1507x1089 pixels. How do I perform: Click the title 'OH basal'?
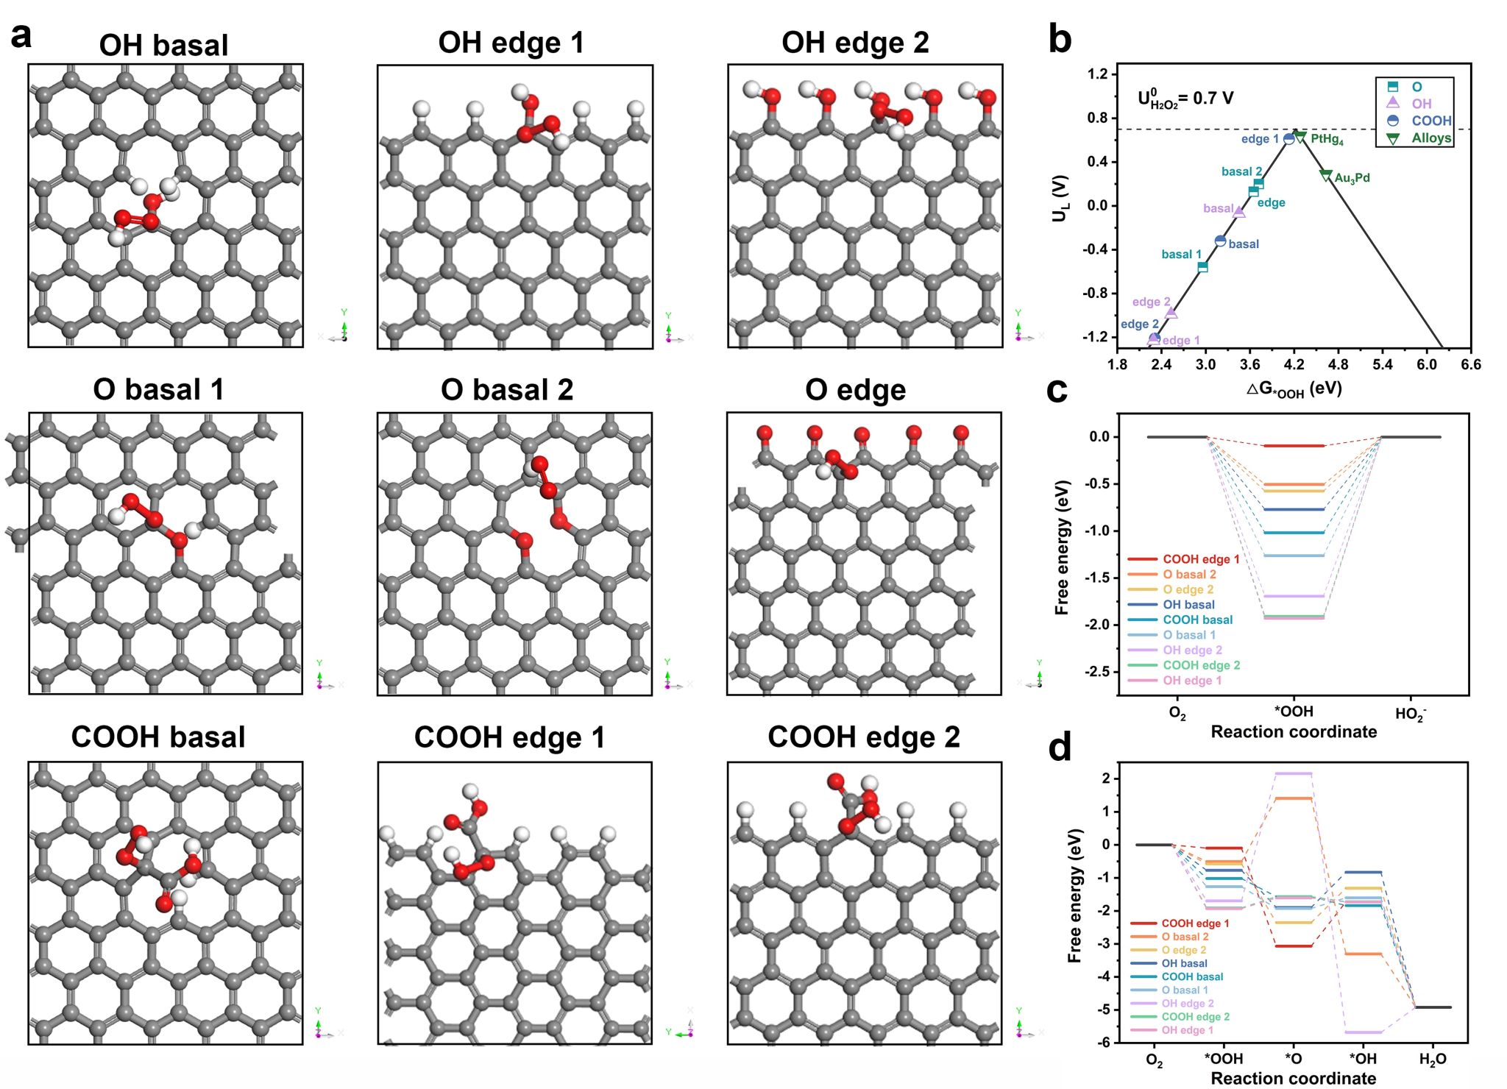[163, 46]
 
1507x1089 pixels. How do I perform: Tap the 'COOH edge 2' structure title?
[864, 737]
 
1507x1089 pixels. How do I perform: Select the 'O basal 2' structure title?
[507, 390]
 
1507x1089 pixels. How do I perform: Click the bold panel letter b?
[1060, 38]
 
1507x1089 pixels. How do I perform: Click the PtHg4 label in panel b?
[1327, 139]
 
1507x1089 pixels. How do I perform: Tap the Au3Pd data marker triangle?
[1326, 176]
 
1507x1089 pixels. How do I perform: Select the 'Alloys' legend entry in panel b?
[1430, 138]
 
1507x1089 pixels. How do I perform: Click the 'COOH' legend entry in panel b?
[1430, 121]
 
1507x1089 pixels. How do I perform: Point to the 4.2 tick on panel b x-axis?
[1294, 364]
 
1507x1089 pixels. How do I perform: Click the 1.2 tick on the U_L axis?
[1097, 74]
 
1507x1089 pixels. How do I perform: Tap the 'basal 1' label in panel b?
[1181, 254]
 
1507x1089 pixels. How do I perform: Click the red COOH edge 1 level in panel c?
[1294, 446]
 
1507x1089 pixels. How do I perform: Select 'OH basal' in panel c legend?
[1188, 605]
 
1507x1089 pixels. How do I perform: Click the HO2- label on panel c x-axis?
[1410, 714]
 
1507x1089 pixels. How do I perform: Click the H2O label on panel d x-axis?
[1432, 1060]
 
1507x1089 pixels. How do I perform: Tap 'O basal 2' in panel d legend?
[1185, 937]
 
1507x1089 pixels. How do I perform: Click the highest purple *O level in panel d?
[1293, 773]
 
